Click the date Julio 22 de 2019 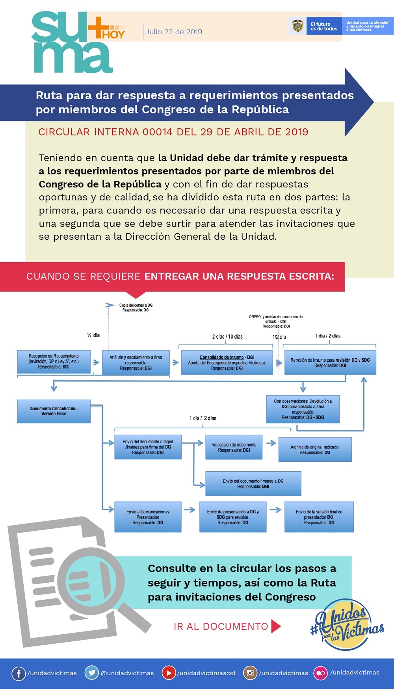click(174, 32)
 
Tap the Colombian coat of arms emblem click(297, 26)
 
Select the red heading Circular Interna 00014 click(173, 132)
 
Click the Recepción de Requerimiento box click(54, 362)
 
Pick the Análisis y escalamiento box click(136, 363)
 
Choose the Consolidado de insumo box click(227, 363)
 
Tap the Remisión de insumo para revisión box click(330, 363)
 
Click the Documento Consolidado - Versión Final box click(54, 411)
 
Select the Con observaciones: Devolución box click(303, 409)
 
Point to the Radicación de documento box click(234, 447)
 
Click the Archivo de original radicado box click(315, 450)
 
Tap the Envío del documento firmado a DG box click(253, 483)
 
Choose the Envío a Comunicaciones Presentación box click(148, 517)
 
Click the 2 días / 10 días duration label click(227, 337)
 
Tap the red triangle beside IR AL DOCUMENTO click(276, 626)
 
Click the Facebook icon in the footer click(19, 673)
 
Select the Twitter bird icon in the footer click(92, 673)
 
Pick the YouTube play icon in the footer click(169, 673)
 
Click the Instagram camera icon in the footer click(250, 673)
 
